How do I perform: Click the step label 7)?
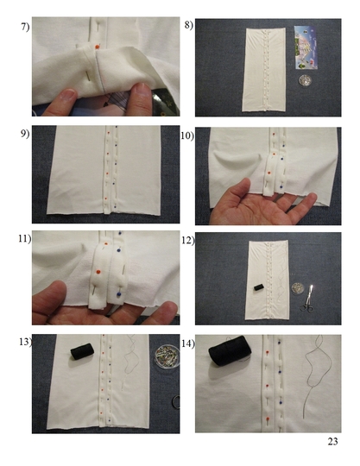(25, 27)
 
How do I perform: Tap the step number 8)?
(189, 25)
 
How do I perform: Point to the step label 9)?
(25, 134)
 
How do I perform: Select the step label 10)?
(187, 135)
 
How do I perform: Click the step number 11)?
(25, 239)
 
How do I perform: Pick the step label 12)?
(188, 240)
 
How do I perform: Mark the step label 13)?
(26, 342)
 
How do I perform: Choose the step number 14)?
(188, 343)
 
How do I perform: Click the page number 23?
(332, 441)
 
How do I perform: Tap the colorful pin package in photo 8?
(306, 47)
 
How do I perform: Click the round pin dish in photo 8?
(305, 80)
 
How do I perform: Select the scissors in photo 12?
(307, 299)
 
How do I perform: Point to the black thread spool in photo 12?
(260, 287)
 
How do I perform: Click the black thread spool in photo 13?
(82, 351)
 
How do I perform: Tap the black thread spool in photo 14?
(230, 350)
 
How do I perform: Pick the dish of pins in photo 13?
(167, 356)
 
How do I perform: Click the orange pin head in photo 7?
(97, 47)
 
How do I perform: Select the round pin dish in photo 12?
(297, 288)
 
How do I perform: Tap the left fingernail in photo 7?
(67, 94)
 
